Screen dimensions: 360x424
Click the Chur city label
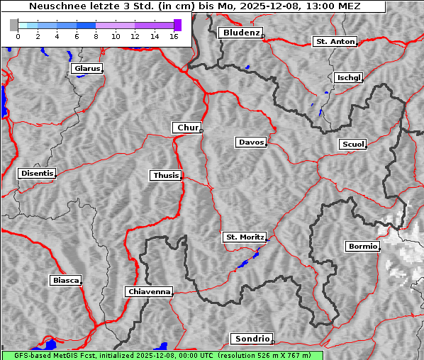point(187,128)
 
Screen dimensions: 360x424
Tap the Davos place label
point(251,142)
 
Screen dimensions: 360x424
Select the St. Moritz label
point(244,237)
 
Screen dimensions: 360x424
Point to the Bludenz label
point(240,33)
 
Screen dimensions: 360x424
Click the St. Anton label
point(334,42)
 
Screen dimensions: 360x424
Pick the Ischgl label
point(348,77)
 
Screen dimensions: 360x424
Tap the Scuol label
point(352,145)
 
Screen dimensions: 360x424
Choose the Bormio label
point(362,247)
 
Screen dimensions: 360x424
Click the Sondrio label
point(251,339)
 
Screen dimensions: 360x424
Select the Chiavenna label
point(148,291)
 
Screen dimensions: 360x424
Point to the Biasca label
point(65,281)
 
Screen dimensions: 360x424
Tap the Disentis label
point(36,173)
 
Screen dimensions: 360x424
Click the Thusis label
point(166,175)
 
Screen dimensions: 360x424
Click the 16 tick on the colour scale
point(174,36)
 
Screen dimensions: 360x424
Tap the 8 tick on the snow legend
point(96,36)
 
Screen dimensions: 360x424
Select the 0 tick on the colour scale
point(18,36)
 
